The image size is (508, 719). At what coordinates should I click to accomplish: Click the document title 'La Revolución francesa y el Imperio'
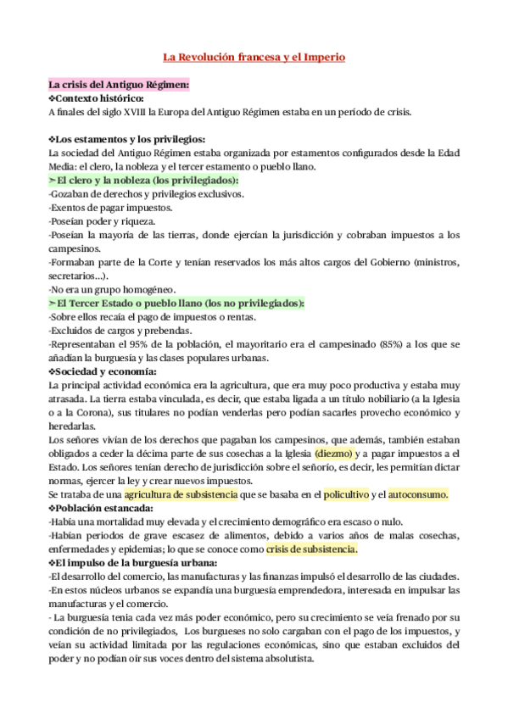[x=254, y=58]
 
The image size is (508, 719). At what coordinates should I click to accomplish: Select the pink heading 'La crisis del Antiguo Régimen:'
[x=119, y=85]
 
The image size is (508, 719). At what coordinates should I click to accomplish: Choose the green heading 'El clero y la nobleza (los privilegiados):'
[x=144, y=180]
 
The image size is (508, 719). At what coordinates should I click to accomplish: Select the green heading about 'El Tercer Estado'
[x=176, y=303]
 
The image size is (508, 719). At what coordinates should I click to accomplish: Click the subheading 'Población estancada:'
[x=106, y=508]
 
